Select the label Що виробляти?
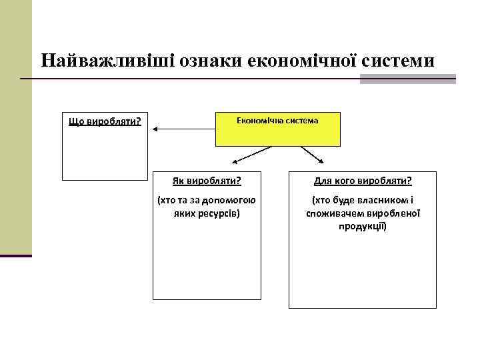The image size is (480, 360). (105, 122)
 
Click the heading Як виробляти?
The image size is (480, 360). (207, 180)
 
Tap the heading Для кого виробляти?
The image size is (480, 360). (363, 180)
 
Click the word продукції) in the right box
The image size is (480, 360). (363, 227)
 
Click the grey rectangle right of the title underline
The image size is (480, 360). (407, 79)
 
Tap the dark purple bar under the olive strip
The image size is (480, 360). (16, 255)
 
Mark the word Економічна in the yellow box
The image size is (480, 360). (256, 121)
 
